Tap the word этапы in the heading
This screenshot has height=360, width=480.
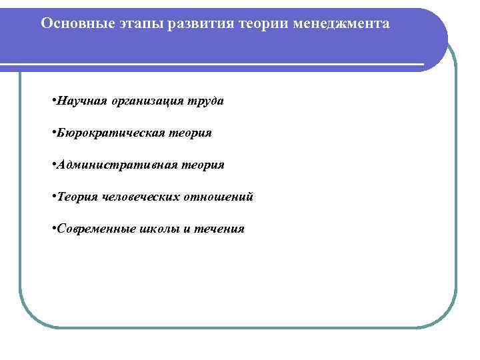[x=132, y=23]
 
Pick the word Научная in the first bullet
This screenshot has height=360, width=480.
[x=79, y=101]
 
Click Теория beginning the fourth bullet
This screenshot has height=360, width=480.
[x=77, y=197]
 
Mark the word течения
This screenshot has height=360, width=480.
[x=219, y=229]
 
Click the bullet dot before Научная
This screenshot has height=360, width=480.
[x=52, y=101]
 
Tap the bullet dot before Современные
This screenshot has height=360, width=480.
[x=52, y=229]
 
